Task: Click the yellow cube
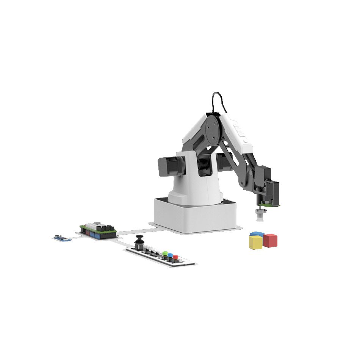255,243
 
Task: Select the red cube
270,240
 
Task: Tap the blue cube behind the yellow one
257,234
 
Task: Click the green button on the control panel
165,254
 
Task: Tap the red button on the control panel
175,257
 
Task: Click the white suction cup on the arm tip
260,214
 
